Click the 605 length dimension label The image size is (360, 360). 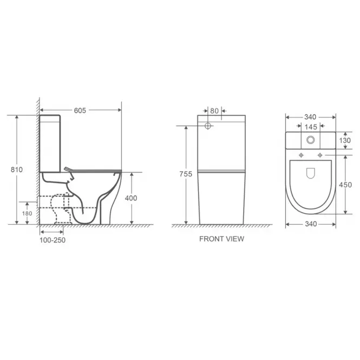coord(80,110)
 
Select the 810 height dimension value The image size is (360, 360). coord(17,169)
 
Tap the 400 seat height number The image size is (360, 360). coord(131,198)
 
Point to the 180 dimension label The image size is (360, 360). coord(27,213)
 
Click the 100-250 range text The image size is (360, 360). coord(53,240)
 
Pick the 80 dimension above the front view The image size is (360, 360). coord(214,111)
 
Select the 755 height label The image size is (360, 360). coord(186,174)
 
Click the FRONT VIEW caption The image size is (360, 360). coord(221,239)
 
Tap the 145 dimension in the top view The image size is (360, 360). coord(311,127)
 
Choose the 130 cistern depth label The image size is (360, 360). coord(345,140)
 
